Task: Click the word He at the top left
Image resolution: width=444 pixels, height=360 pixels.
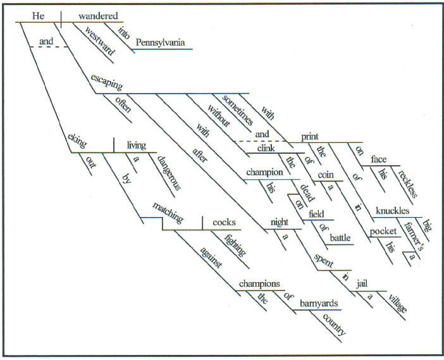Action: (38, 15)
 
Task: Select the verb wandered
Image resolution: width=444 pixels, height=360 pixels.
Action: (99, 15)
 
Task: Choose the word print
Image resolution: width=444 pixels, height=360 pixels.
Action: (310, 135)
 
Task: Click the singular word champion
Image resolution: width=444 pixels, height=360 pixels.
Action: (263, 173)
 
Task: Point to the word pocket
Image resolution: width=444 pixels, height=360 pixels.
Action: (383, 232)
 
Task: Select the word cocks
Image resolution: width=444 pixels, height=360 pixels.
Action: (225, 222)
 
